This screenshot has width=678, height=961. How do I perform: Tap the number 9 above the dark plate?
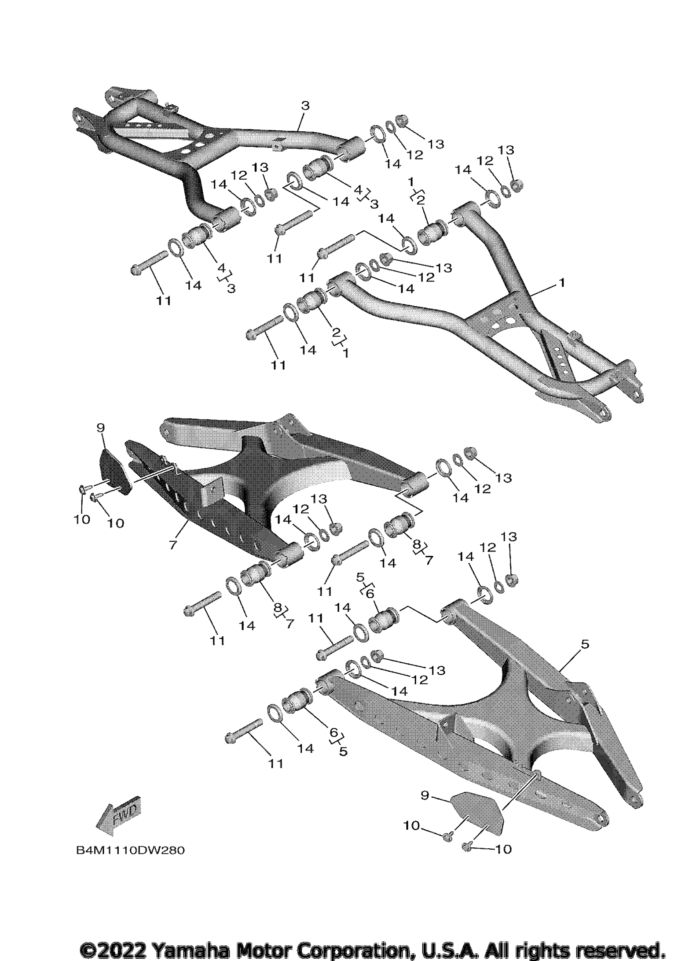100,427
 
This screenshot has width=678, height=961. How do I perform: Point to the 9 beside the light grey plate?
425,795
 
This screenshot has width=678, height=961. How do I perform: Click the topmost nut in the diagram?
401,120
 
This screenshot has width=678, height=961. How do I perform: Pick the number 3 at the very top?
305,105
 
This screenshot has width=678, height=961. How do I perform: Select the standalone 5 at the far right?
585,644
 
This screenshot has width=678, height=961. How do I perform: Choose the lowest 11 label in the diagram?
276,763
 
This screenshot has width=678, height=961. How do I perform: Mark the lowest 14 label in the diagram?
305,748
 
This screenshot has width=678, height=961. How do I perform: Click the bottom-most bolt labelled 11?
243,730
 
